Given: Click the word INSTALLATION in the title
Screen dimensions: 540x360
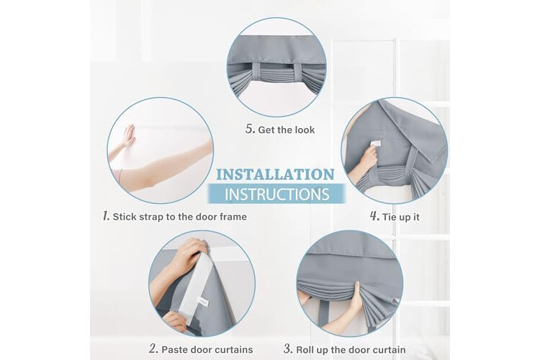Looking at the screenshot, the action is [x=275, y=174].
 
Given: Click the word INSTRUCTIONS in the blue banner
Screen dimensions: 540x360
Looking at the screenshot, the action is [x=277, y=194].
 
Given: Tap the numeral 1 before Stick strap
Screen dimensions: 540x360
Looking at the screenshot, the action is [x=107, y=216].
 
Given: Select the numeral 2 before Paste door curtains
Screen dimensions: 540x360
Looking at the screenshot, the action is [x=153, y=348].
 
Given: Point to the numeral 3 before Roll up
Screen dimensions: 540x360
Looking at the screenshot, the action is [x=288, y=348].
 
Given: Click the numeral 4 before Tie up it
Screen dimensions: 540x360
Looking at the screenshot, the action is [x=374, y=216].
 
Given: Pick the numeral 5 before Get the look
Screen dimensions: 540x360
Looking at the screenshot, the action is [x=251, y=129].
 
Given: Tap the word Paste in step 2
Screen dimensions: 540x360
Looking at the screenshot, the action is [x=175, y=350].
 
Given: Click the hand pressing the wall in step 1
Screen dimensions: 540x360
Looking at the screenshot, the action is [x=130, y=136].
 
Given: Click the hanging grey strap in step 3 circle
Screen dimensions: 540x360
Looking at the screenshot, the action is [x=322, y=312].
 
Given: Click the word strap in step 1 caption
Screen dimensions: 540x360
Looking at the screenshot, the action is [x=152, y=217].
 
